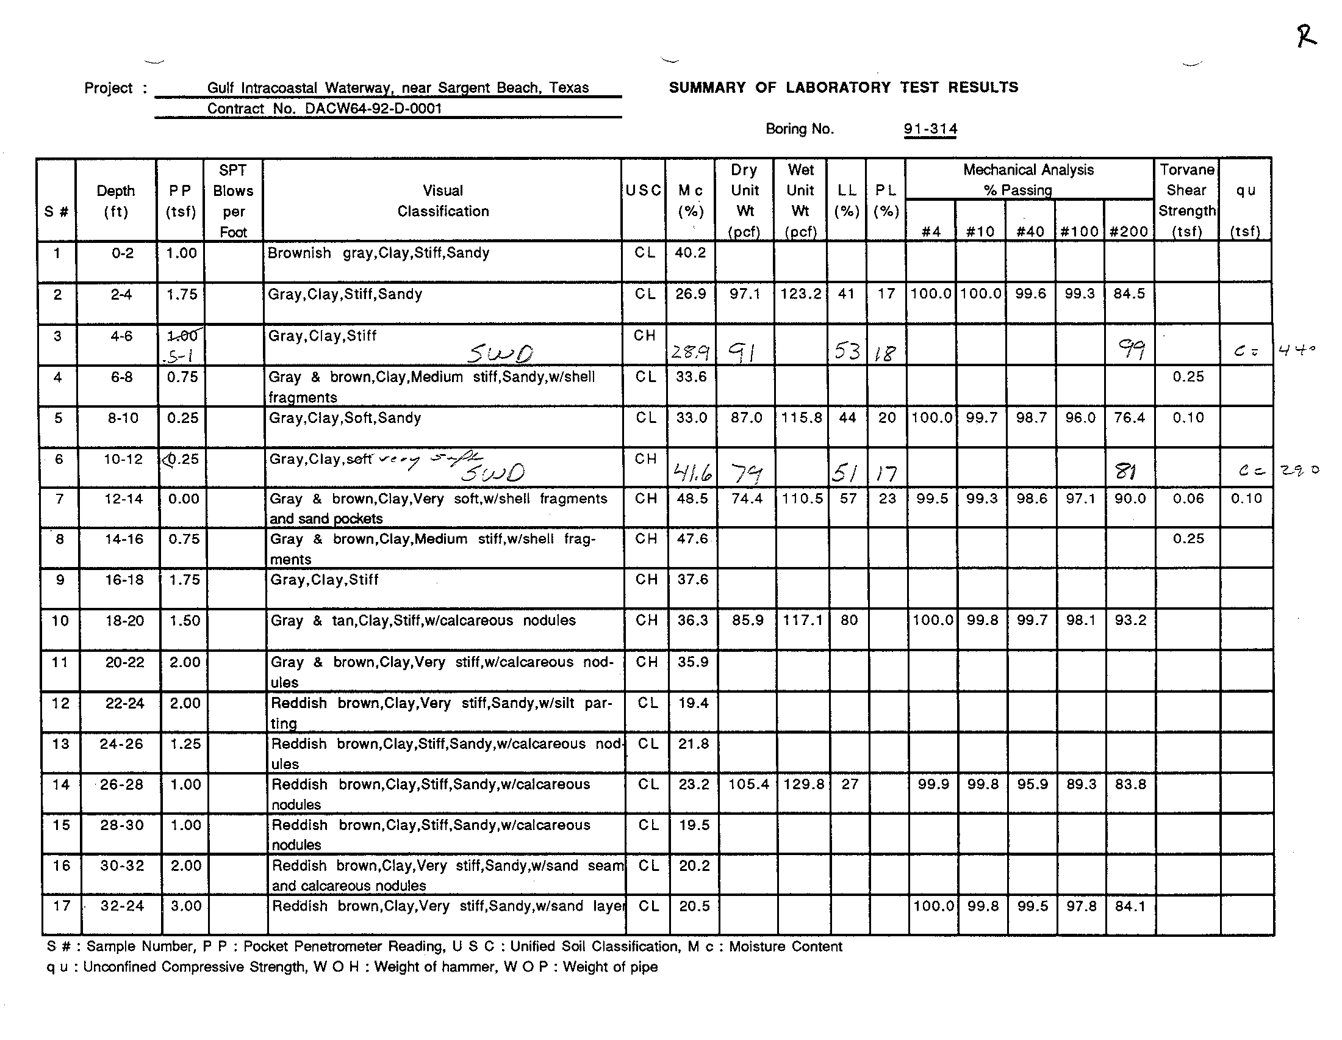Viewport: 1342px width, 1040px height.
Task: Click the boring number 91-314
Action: pyautogui.click(x=930, y=129)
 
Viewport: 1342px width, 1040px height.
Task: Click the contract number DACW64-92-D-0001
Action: pyautogui.click(x=373, y=109)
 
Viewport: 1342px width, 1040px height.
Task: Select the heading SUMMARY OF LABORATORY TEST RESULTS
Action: pyautogui.click(x=843, y=87)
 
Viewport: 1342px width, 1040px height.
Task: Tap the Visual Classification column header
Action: pyautogui.click(x=442, y=201)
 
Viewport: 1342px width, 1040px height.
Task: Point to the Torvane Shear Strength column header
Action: pyautogui.click(x=1186, y=200)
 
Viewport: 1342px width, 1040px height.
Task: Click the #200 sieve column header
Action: pyautogui.click(x=1128, y=232)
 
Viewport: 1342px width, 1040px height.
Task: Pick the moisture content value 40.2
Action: pyautogui.click(x=690, y=253)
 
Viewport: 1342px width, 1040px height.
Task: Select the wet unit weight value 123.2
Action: pyautogui.click(x=801, y=294)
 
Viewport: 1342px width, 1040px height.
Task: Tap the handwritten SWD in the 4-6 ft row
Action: pyautogui.click(x=500, y=353)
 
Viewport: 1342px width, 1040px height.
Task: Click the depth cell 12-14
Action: pyautogui.click(x=123, y=499)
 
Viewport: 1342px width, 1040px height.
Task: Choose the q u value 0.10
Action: pyautogui.click(x=1246, y=499)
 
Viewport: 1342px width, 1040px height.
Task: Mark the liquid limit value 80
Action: pyautogui.click(x=849, y=621)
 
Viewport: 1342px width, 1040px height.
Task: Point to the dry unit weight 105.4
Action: pyautogui.click(x=748, y=784)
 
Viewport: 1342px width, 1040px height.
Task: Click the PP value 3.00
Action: pyautogui.click(x=185, y=906)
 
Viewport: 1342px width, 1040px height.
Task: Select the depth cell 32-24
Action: pyautogui.click(x=122, y=906)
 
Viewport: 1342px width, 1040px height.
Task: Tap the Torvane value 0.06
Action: pyautogui.click(x=1188, y=499)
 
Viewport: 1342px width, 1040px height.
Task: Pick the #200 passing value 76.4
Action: pyautogui.click(x=1129, y=418)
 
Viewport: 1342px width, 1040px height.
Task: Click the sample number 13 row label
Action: pyautogui.click(x=61, y=744)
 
